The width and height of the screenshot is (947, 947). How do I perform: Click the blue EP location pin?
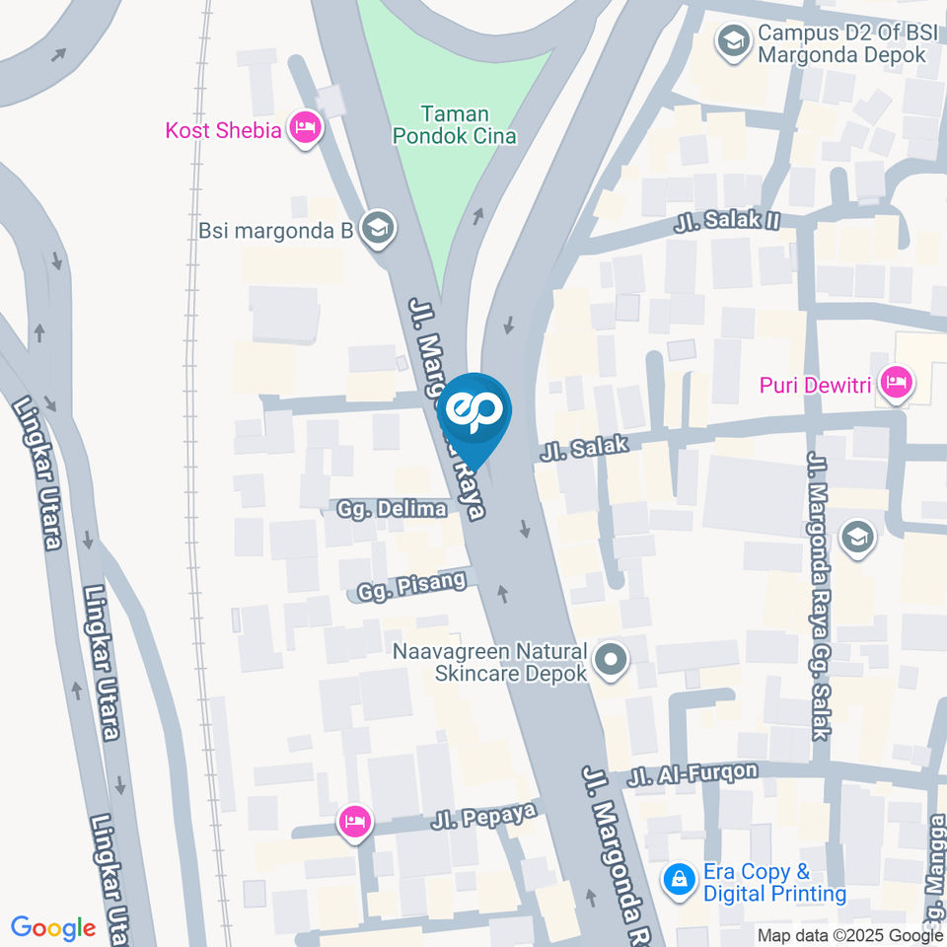(x=474, y=409)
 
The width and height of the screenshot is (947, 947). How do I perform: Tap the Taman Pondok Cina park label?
(x=455, y=125)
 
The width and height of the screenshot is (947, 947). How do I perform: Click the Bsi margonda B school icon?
(x=376, y=229)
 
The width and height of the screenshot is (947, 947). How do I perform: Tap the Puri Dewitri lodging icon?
(x=896, y=383)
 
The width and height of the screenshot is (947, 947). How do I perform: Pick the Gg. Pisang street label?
(x=412, y=584)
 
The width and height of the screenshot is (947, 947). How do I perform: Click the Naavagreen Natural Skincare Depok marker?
(x=612, y=661)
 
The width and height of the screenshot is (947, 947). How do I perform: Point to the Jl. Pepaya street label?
(x=483, y=816)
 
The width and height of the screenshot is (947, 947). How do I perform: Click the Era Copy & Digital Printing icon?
(x=679, y=878)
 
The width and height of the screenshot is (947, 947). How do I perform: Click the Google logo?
(x=53, y=928)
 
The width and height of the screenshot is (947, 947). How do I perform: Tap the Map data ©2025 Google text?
(x=850, y=935)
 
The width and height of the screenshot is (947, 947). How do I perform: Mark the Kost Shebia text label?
(x=223, y=129)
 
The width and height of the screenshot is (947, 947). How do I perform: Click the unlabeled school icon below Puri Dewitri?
(x=857, y=538)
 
